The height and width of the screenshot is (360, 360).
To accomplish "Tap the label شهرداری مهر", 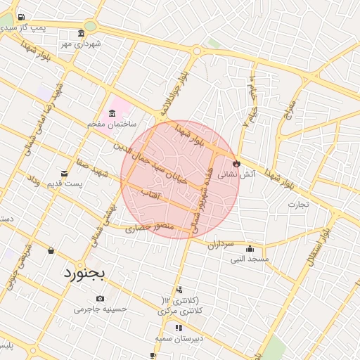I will click(x=81, y=44).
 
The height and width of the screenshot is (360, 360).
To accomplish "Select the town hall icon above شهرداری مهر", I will click(x=82, y=34).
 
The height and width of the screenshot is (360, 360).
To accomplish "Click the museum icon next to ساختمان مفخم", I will click(x=112, y=114).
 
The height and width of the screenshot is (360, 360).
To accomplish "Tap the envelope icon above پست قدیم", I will click(x=65, y=174).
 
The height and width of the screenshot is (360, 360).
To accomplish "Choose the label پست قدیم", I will click(x=81, y=184).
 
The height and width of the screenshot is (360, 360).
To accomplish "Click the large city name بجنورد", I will click(x=84, y=271).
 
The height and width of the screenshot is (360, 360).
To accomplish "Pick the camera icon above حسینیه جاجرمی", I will click(x=99, y=298).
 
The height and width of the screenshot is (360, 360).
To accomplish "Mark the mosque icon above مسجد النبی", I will click(x=250, y=247).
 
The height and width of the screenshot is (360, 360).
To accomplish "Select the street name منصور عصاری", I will click(x=149, y=227).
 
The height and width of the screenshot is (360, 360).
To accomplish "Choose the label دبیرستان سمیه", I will click(x=179, y=338).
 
